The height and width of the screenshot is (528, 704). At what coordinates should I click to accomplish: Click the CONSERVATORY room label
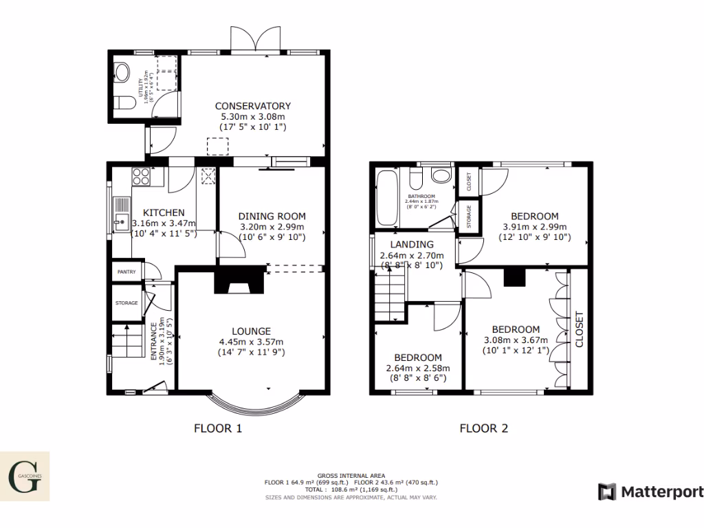253,106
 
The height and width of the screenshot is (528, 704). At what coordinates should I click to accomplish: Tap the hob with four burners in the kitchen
142,177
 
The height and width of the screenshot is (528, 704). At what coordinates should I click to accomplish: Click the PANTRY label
126,272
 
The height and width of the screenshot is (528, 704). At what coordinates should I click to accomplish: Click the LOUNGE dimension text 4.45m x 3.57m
251,342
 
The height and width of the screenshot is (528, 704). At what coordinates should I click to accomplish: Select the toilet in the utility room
124,103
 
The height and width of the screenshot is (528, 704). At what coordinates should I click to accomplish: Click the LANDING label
411,244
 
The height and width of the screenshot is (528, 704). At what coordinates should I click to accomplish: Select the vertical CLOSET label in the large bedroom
578,330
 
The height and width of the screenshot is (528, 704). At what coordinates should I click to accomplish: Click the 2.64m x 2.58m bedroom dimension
417,369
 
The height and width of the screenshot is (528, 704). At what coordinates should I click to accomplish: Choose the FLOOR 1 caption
218,428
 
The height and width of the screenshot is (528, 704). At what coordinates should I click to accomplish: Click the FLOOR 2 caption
483,428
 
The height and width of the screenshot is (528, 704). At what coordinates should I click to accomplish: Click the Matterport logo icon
607,492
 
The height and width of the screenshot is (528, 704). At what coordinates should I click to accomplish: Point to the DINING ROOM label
272,216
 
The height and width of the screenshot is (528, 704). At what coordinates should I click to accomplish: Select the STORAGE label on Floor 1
126,303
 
